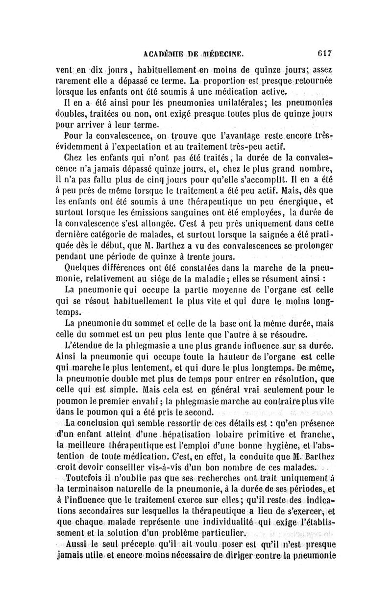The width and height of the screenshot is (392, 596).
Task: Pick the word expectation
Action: coord(163,146)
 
